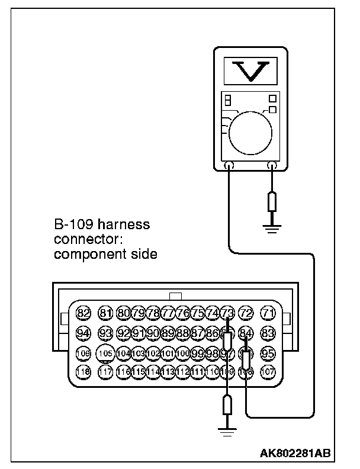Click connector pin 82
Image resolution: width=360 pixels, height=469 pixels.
tap(83, 313)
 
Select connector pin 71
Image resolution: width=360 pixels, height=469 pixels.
tap(269, 313)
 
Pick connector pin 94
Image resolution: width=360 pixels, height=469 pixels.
tap(83, 333)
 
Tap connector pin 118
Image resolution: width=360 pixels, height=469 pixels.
tap(83, 372)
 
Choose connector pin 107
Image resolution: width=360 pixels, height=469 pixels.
tap(269, 372)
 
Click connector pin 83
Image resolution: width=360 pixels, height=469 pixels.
tap(269, 333)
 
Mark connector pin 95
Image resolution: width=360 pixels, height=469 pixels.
tap(269, 354)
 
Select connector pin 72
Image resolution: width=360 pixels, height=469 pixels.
tap(247, 313)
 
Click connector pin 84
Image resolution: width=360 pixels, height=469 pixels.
tap(247, 333)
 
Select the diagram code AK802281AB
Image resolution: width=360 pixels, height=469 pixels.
tap(295, 453)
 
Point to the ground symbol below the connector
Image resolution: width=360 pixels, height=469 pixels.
tap(227, 432)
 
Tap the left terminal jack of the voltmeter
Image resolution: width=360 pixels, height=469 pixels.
tap(229, 165)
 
